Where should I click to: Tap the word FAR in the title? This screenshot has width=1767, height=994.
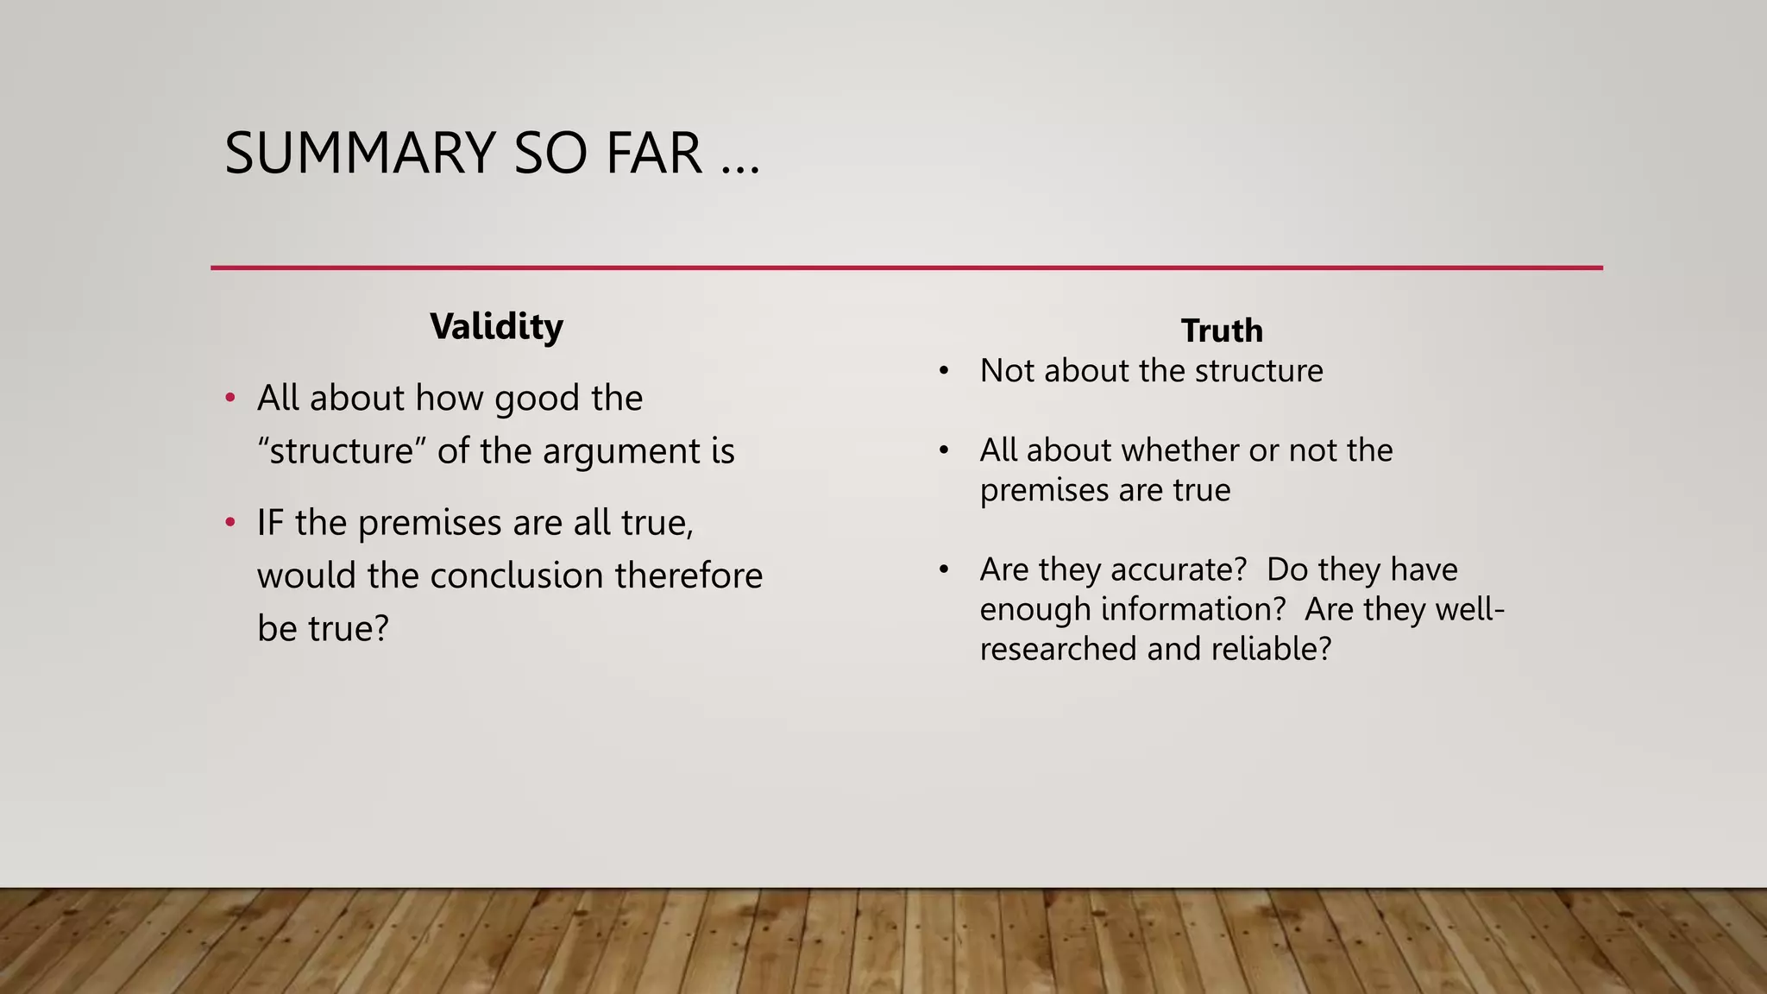(653, 154)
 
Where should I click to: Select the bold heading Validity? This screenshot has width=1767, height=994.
(496, 327)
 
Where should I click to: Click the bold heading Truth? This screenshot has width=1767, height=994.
(1222, 330)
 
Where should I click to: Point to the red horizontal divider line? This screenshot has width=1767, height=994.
(906, 267)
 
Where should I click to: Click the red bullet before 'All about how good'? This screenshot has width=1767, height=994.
(230, 399)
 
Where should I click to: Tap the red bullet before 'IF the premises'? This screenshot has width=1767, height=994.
(230, 523)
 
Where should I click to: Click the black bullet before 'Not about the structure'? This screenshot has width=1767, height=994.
(944, 371)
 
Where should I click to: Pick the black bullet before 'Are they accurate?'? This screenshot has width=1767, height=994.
(944, 569)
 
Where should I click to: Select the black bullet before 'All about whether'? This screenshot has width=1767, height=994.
(944, 450)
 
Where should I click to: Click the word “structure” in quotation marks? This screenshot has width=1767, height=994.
(336, 451)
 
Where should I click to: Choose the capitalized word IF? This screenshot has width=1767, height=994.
(270, 523)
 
